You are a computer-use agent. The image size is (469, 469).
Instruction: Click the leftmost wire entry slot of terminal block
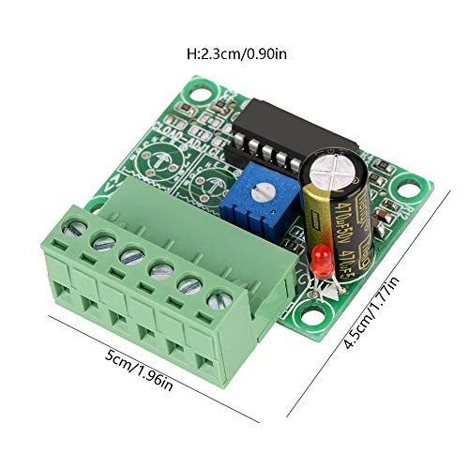[x=67, y=273]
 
